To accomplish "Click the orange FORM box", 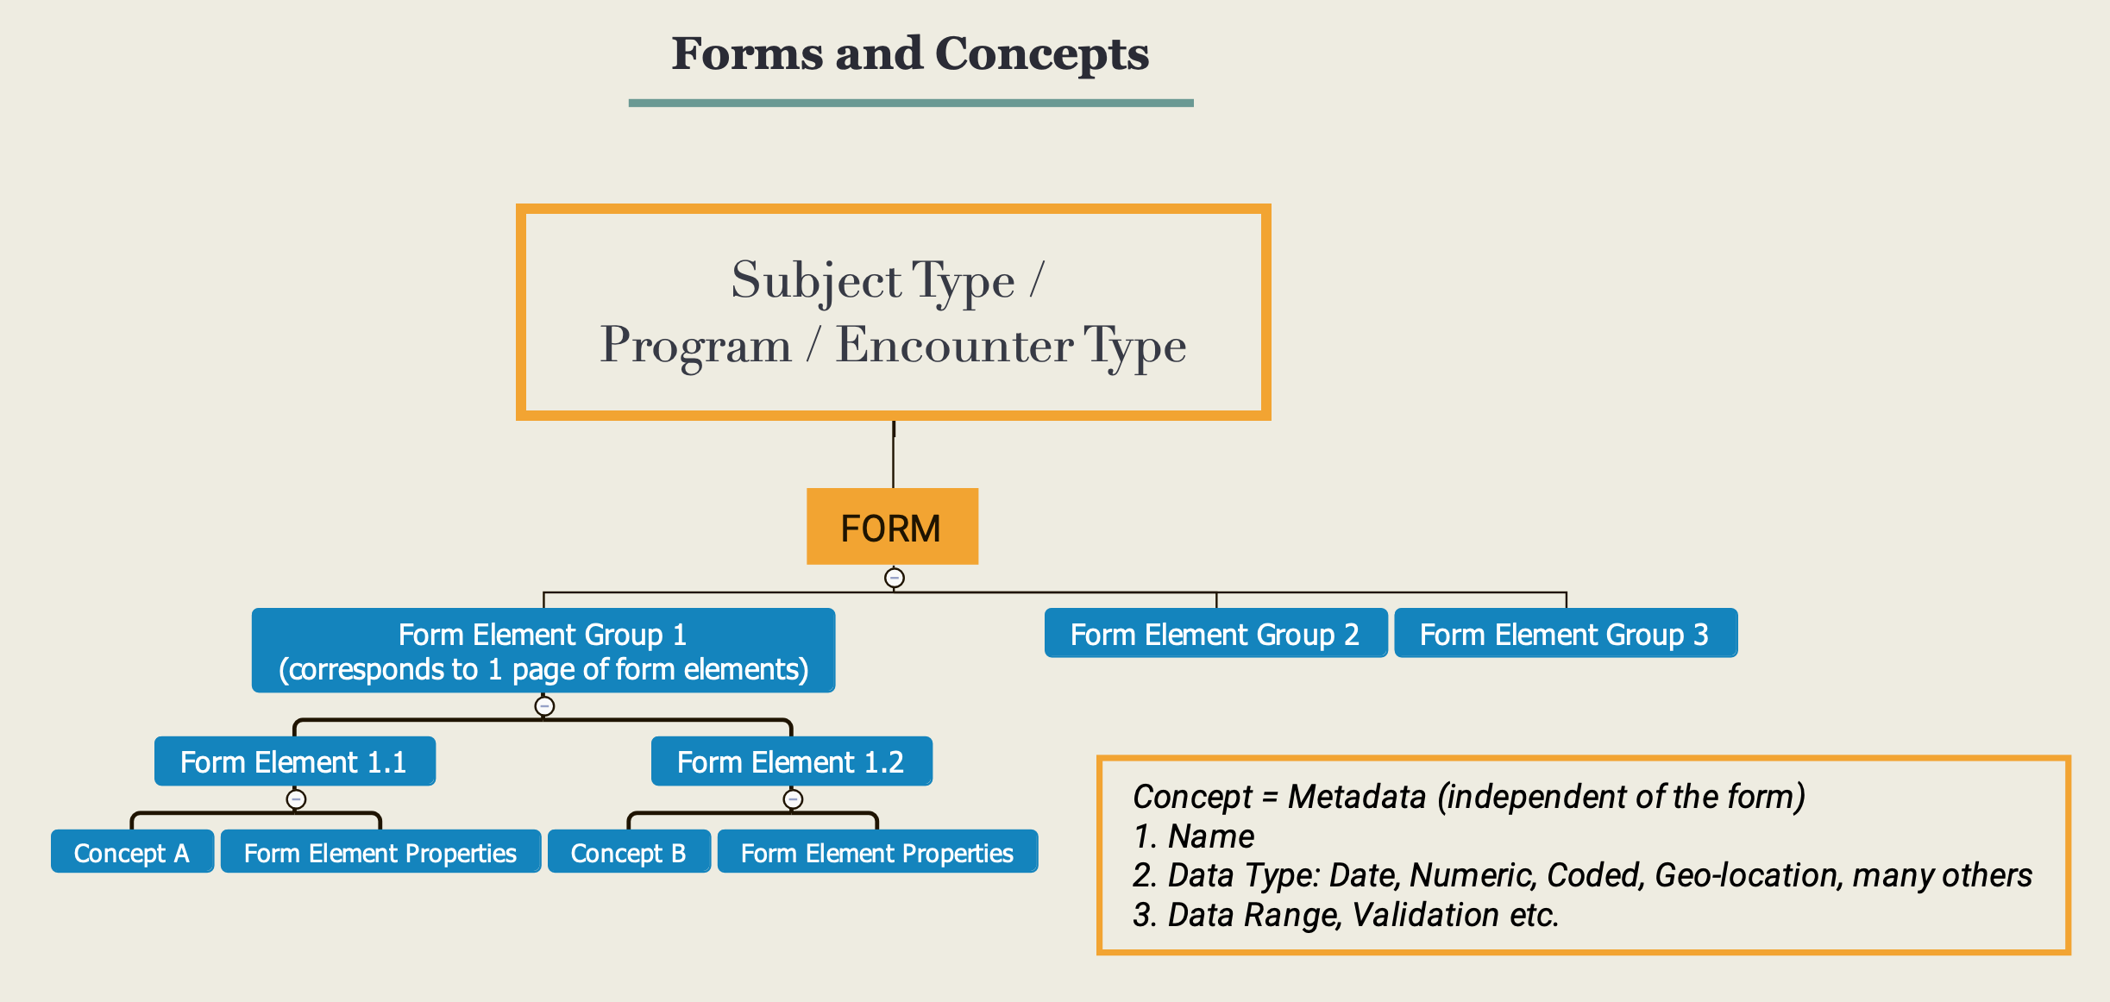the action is pos(892,526).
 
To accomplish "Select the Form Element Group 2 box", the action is pos(1215,634).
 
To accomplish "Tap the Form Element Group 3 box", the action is pos(1566,634).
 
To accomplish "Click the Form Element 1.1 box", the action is pos(294,761).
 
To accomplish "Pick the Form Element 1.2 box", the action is pos(791,761).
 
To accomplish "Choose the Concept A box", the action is pos(132,852).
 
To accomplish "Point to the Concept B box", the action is pos(629,852).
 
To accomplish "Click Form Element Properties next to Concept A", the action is pos(380,852).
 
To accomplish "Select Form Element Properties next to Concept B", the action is pos(877,852).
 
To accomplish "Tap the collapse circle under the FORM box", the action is pos(895,578).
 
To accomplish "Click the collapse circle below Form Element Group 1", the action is pos(544,706).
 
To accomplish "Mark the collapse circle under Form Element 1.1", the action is pos(296,799).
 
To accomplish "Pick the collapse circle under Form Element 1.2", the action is pos(793,799).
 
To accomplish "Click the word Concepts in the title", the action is pos(1042,54).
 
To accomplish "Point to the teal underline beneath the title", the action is pos(911,103).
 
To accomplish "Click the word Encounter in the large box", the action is pos(955,345).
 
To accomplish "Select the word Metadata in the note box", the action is pos(1357,796).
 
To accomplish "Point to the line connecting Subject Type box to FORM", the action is pos(894,454).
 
